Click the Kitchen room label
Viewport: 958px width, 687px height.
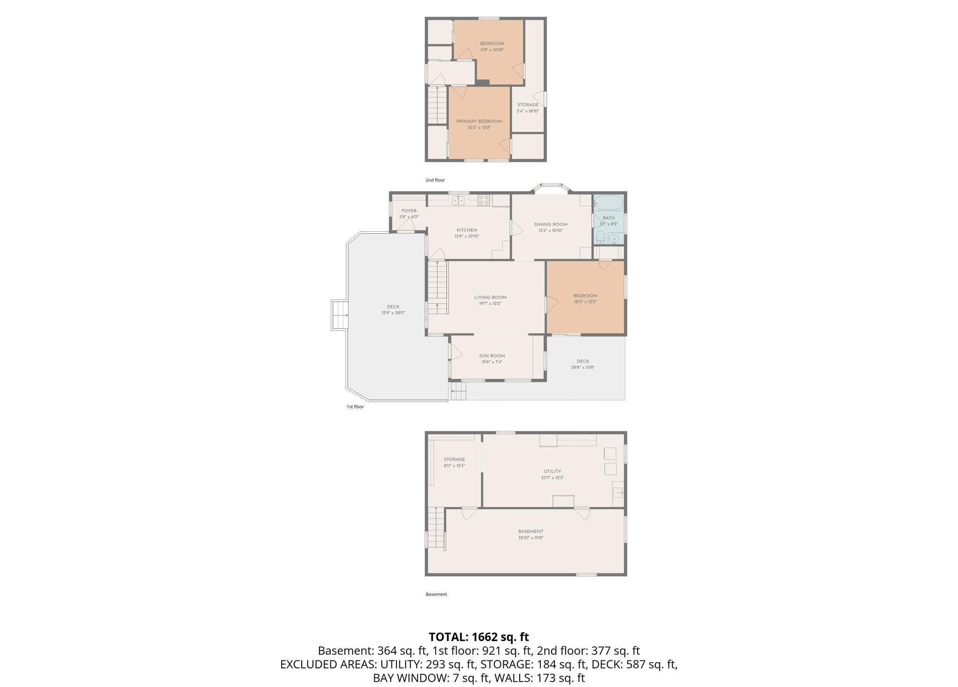(466, 230)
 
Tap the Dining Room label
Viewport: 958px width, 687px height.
(551, 224)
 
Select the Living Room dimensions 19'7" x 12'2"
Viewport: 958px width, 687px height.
(490, 303)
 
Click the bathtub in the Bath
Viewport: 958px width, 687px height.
(608, 202)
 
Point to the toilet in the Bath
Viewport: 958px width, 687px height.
(600, 237)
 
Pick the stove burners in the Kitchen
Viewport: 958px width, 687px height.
(484, 200)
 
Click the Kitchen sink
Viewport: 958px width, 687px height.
(458, 200)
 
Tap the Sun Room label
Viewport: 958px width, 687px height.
(492, 356)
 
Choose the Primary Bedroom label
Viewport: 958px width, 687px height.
(479, 121)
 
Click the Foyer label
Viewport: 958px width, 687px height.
(409, 211)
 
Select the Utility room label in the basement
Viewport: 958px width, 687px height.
(552, 471)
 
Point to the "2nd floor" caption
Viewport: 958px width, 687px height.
(435, 180)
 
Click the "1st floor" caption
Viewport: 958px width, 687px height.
(355, 407)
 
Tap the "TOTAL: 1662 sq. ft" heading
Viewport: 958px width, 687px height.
(479, 637)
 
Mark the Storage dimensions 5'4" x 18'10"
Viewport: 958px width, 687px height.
(528, 111)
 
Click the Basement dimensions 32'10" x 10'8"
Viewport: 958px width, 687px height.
(530, 537)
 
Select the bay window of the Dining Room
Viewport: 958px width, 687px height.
(552, 187)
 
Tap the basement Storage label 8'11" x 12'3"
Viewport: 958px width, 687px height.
(454, 463)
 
